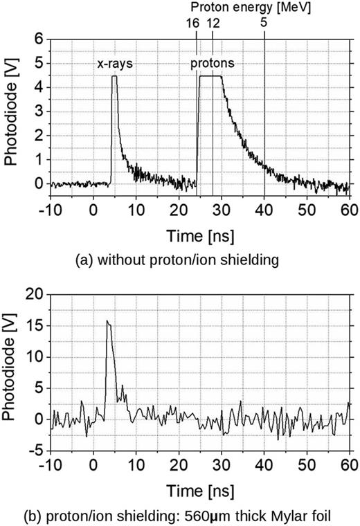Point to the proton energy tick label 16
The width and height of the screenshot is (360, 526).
click(x=192, y=23)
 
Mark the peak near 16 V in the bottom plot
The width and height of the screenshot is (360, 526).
click(x=107, y=321)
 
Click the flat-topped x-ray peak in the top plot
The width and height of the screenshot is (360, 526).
click(x=114, y=77)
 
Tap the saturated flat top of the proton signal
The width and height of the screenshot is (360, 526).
click(x=210, y=77)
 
